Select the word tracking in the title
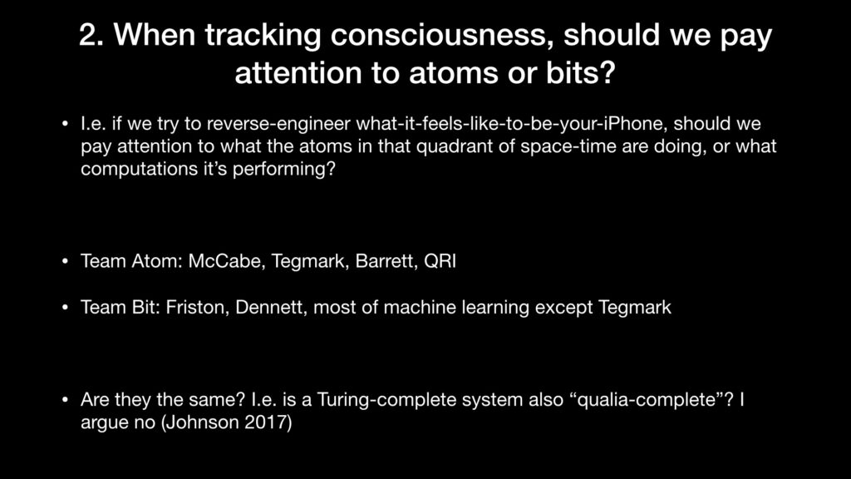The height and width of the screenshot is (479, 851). pyautogui.click(x=263, y=36)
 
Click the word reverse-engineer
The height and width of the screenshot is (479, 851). pyautogui.click(x=278, y=125)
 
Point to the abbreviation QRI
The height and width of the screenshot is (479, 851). pyautogui.click(x=440, y=261)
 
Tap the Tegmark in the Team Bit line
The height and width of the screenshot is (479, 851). pyautogui.click(x=635, y=308)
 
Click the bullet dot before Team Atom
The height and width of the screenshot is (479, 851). pyautogui.click(x=65, y=261)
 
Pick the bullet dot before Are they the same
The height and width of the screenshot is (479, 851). pyautogui.click(x=65, y=400)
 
